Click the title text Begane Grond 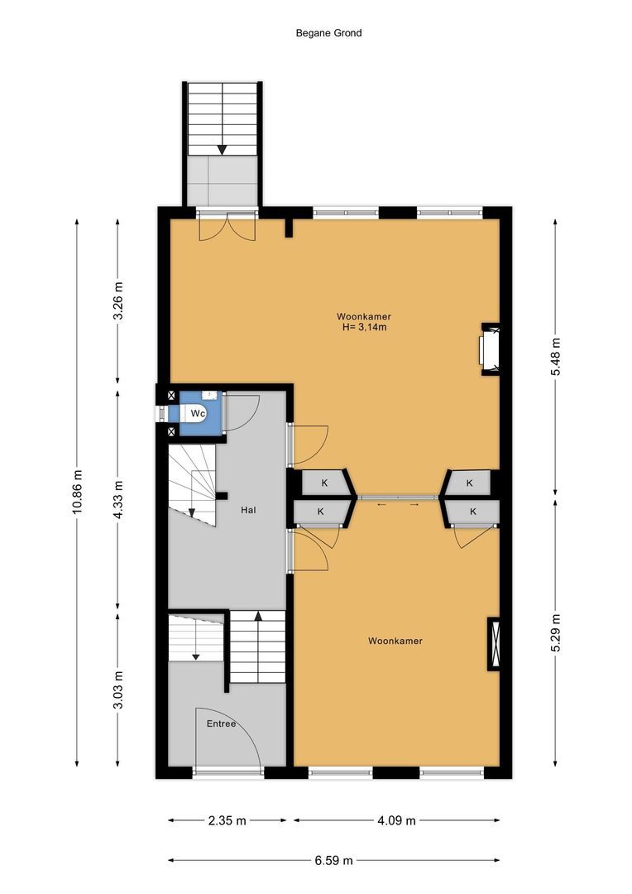(x=328, y=33)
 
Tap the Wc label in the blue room (x=198, y=412)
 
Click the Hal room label (x=247, y=510)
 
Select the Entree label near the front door (x=221, y=723)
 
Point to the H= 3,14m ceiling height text (x=364, y=327)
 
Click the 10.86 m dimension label (x=78, y=492)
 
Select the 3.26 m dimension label (x=117, y=302)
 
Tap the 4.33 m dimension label (x=117, y=500)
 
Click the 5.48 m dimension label (x=555, y=357)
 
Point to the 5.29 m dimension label (x=555, y=632)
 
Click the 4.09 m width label (x=396, y=820)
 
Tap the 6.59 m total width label (x=333, y=860)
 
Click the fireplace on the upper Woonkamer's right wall (x=489, y=348)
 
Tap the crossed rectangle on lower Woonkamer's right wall (x=495, y=642)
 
